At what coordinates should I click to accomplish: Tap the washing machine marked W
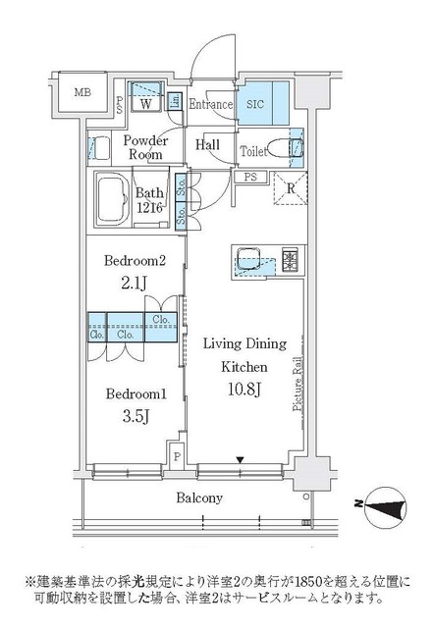pos(145,102)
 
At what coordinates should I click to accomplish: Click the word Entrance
pos(210,104)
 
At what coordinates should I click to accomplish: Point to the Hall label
pos(207,144)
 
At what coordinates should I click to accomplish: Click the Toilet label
pos(253,152)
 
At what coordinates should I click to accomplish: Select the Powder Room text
pos(145,148)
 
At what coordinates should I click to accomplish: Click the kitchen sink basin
pos(245,260)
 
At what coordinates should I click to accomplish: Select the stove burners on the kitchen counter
pos(290,260)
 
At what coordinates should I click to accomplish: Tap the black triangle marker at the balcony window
pos(240,459)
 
